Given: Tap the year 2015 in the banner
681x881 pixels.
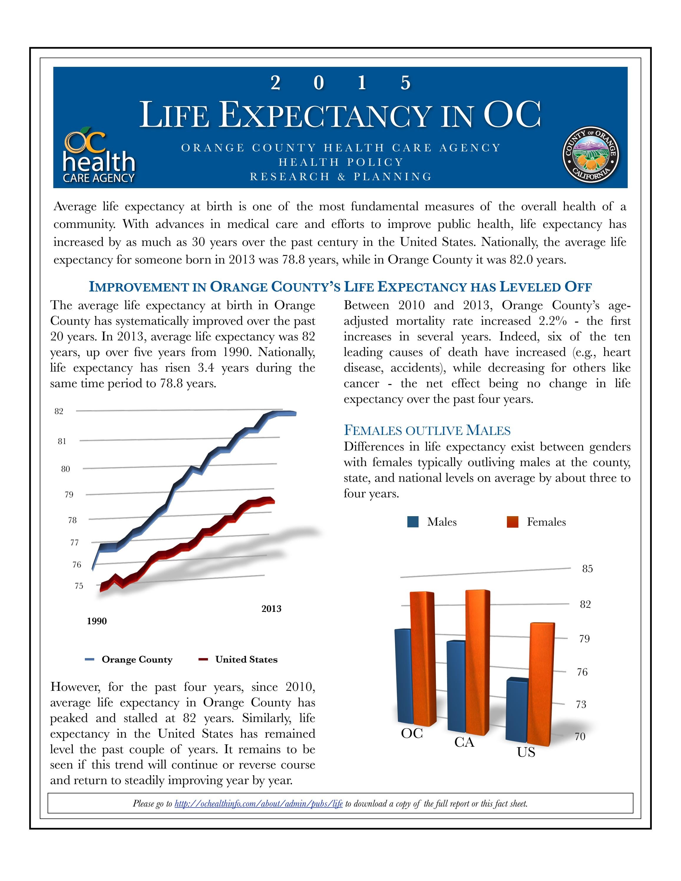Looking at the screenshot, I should (x=340, y=83).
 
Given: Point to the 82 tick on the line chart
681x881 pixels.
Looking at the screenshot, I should (x=59, y=411).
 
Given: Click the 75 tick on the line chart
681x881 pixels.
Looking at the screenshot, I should (x=79, y=586).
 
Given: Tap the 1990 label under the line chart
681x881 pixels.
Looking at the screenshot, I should (x=97, y=621).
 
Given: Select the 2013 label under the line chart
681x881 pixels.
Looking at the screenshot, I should (x=271, y=609).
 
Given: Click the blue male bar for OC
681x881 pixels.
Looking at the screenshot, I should (x=404, y=678).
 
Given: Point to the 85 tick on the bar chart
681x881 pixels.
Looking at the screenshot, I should (x=587, y=569).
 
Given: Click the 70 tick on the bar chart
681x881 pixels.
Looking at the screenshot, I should (x=580, y=737).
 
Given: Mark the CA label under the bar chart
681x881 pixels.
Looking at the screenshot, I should (x=464, y=742).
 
